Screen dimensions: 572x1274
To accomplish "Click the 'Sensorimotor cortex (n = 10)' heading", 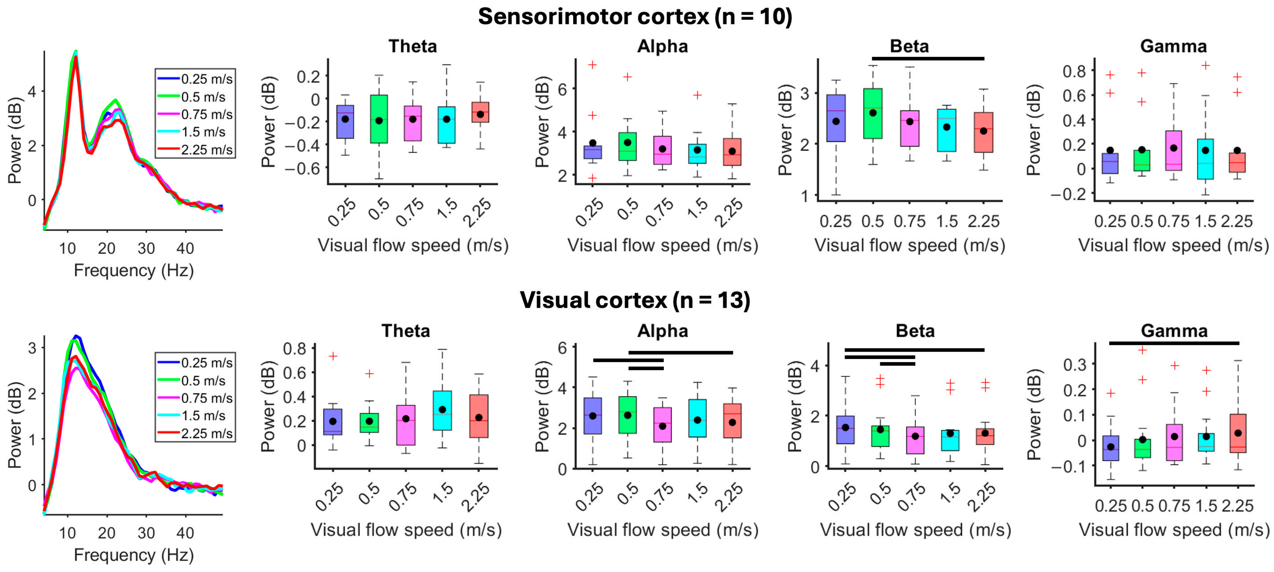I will click(x=635, y=17).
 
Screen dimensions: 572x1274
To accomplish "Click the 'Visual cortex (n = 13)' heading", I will click(x=635, y=300).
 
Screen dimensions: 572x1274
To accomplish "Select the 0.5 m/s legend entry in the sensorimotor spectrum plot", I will click(x=203, y=97).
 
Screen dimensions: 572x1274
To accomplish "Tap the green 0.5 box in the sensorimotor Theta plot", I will click(x=379, y=119).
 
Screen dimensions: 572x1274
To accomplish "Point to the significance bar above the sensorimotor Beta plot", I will click(x=928, y=58).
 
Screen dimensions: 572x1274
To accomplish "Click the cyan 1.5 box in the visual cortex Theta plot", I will click(x=442, y=410).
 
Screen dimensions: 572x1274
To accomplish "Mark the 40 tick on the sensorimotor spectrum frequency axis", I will click(x=185, y=248).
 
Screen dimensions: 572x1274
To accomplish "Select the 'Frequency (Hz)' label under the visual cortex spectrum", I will click(x=134, y=555).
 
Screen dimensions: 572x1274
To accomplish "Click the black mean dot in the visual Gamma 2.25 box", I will click(x=1238, y=433).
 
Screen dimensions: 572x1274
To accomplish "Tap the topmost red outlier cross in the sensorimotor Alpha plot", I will click(x=592, y=65).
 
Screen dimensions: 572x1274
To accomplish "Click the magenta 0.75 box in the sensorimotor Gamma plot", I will click(x=1174, y=151).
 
